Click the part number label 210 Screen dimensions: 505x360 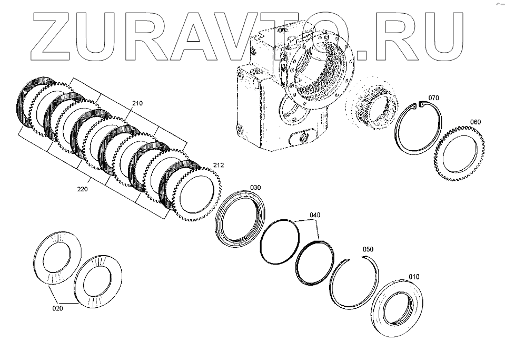137,103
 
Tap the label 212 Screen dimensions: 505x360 219,165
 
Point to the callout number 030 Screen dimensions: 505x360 255,187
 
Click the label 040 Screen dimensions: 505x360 314,215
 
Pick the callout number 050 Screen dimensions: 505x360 368,249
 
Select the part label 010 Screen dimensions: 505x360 415,276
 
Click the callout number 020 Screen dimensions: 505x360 57,308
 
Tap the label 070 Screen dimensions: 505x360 433,98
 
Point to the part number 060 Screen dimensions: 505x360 476,122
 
